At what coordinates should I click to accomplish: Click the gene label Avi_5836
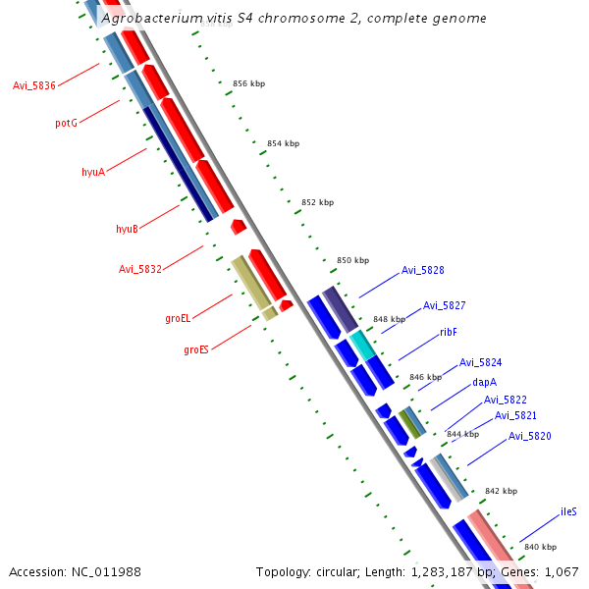(34, 86)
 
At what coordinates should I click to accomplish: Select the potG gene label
(66, 124)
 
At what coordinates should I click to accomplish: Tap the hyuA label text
(93, 172)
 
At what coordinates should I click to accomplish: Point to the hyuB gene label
(127, 229)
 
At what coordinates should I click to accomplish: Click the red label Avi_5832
(140, 269)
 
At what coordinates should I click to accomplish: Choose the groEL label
(178, 318)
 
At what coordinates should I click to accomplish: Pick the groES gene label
(196, 348)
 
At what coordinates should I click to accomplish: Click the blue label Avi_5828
(423, 270)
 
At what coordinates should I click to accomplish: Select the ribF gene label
(449, 332)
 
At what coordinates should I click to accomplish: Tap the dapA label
(485, 382)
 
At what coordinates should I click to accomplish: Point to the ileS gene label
(568, 511)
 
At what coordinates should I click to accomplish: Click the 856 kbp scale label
(249, 84)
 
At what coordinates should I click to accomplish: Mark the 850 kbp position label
(352, 260)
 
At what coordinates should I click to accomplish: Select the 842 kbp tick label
(501, 491)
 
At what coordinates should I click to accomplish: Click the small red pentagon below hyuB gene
(238, 227)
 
